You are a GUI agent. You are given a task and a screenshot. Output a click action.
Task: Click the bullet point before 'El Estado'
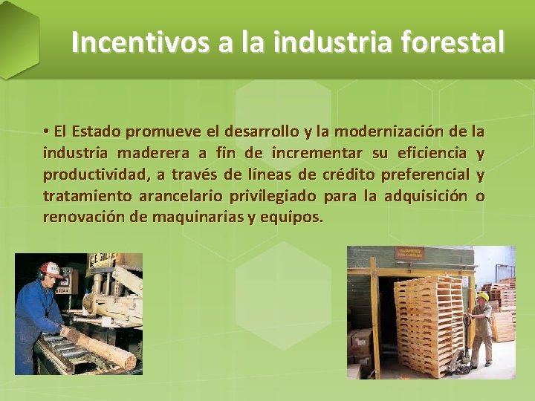[x=46, y=132]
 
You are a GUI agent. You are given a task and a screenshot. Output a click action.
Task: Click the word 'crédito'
[x=348, y=175]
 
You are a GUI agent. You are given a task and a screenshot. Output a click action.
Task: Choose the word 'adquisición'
[x=426, y=197]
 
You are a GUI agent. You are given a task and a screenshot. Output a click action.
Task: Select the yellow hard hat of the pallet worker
[x=484, y=296]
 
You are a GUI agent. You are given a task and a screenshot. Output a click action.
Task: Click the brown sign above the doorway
[x=409, y=254]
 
